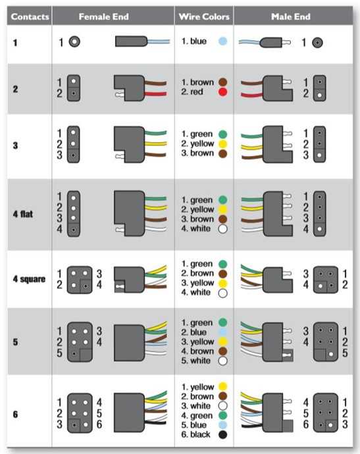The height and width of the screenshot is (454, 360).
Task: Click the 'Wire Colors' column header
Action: point(204,17)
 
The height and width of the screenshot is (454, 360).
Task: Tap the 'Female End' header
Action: point(104,17)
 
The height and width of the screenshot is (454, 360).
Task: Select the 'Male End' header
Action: point(290,17)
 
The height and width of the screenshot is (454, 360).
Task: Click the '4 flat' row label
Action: point(23,214)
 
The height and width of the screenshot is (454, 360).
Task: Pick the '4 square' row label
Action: point(29,279)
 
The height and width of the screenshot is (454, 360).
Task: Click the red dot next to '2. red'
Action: point(222,92)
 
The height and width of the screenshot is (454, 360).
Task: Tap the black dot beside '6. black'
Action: point(222,434)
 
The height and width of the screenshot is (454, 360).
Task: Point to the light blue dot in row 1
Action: point(222,41)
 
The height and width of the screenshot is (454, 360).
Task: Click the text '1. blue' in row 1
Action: point(194,41)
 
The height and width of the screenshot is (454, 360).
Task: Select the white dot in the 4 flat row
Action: point(222,229)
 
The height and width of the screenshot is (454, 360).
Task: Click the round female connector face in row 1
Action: point(74,41)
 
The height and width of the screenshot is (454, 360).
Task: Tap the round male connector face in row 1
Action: point(317,43)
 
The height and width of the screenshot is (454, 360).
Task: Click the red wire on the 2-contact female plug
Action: point(155,93)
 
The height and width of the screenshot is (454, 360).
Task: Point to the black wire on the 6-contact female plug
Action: point(156,422)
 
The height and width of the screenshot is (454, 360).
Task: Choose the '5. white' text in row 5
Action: point(195,361)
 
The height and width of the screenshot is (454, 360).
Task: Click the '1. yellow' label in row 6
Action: point(198,387)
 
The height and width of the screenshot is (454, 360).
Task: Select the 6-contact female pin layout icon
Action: point(80,413)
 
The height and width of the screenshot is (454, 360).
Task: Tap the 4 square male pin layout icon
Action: point(326,280)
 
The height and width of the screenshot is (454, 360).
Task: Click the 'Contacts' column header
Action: point(30,17)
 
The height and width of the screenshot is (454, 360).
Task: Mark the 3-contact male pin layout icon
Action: point(319,144)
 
